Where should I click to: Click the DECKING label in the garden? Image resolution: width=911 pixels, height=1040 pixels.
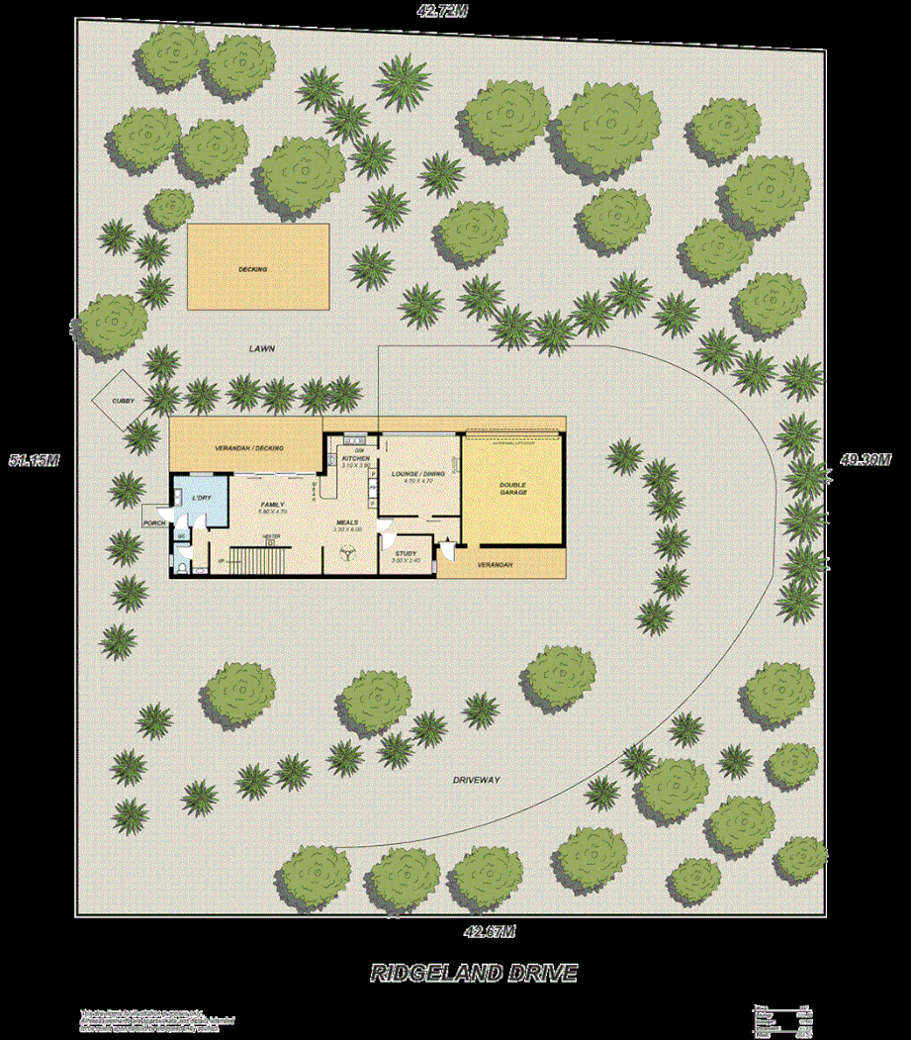252,268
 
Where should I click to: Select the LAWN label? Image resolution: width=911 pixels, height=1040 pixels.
261,349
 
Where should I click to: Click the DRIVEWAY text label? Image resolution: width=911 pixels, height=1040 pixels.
477,780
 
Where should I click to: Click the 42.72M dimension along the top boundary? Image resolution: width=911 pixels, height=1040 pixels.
441,11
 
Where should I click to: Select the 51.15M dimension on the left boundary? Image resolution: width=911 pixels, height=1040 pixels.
35,460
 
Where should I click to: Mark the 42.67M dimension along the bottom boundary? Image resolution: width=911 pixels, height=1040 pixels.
490,930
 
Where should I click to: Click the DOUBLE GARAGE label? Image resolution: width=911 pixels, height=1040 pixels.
512,487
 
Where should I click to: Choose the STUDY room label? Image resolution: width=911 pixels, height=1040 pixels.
406,554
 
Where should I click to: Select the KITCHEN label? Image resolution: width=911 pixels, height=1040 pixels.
355,459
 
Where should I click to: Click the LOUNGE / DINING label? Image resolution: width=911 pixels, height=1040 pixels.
417,474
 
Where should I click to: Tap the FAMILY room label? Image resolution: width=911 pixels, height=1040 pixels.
272,505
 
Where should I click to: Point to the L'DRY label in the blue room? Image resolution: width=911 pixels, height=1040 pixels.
202,496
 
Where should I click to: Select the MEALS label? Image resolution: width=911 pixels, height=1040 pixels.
347,522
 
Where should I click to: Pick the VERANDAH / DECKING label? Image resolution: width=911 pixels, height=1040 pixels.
249,448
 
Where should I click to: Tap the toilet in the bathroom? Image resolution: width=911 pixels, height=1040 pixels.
184,567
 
